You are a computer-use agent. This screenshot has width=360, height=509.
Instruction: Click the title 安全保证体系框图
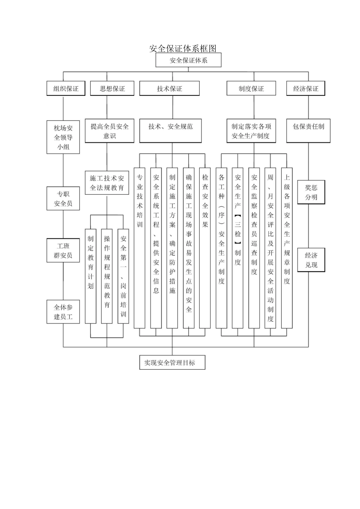[x=183, y=48]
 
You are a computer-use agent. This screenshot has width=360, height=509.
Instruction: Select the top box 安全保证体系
[x=188, y=60]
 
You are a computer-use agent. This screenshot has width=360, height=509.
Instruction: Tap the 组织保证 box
[x=66, y=89]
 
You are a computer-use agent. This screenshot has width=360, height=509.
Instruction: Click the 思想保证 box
[x=112, y=89]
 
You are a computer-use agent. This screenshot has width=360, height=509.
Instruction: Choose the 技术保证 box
[x=169, y=89]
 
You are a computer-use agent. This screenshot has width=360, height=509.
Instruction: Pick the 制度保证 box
[x=251, y=89]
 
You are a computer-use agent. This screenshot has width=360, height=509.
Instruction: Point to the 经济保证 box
[x=305, y=89]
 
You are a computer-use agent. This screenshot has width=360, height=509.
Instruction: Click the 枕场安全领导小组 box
[x=63, y=137]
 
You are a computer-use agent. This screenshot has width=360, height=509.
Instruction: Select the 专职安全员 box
[x=63, y=198]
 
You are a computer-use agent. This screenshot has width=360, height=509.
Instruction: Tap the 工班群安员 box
[x=63, y=251]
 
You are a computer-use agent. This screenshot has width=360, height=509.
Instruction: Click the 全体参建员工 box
[x=63, y=312]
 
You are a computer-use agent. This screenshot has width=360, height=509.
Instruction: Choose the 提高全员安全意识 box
[x=110, y=131]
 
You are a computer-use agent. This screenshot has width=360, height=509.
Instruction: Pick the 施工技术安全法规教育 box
[x=107, y=183]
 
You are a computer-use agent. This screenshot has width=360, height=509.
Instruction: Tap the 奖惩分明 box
[x=311, y=192]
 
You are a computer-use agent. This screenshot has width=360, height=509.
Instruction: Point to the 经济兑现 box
[x=311, y=260]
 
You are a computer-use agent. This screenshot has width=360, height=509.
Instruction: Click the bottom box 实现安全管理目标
[x=172, y=362]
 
